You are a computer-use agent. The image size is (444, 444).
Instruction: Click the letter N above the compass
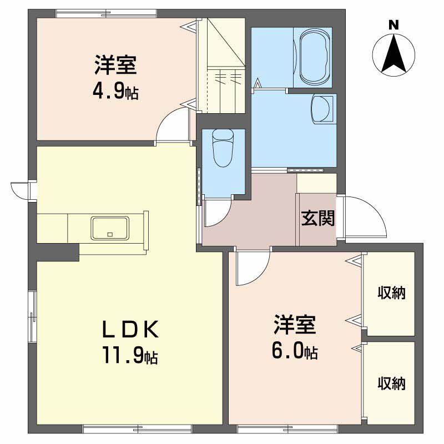pos(393,25)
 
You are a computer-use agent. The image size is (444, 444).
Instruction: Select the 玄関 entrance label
pos(318,218)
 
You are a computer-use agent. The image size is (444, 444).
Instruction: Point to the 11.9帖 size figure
pos(131,355)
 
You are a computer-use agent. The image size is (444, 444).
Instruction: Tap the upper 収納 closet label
pos(391,292)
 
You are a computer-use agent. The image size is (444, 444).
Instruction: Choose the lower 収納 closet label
pos(391,382)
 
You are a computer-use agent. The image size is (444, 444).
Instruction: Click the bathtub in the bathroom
pos(315,58)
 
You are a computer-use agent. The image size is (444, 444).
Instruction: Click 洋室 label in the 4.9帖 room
pos(115,65)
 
